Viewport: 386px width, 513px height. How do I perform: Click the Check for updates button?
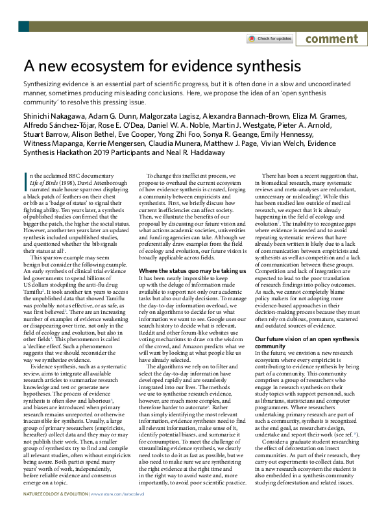(x=269, y=39)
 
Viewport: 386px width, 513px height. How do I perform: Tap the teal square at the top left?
(x=23, y=27)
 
